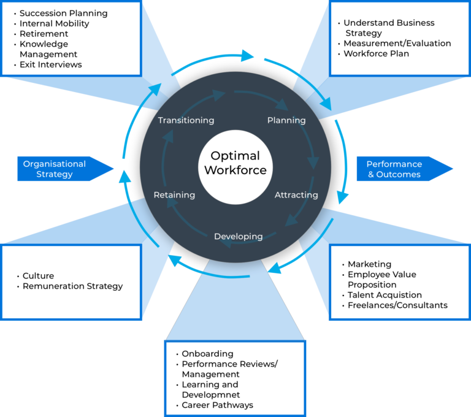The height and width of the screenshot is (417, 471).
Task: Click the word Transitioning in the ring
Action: click(x=186, y=120)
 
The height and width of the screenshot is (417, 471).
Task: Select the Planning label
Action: click(x=286, y=120)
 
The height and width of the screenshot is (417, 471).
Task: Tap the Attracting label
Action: click(x=296, y=195)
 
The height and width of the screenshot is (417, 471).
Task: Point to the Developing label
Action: click(x=238, y=236)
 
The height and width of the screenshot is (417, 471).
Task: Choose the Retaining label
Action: click(x=174, y=195)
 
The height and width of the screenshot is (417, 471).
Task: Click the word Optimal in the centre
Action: click(x=235, y=156)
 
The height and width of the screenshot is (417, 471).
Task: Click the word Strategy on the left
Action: click(x=55, y=174)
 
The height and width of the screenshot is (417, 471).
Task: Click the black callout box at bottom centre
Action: click(x=235, y=378)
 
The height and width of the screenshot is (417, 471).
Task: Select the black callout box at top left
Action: click(x=71, y=38)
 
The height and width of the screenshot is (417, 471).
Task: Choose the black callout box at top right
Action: click(x=400, y=38)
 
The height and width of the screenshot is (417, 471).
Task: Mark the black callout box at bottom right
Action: click(x=400, y=282)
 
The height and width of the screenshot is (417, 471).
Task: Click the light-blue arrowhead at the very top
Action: click(x=248, y=55)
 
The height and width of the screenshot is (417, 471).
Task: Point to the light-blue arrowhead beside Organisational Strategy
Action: click(x=124, y=175)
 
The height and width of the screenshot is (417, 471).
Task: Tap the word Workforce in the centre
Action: click(x=235, y=170)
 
